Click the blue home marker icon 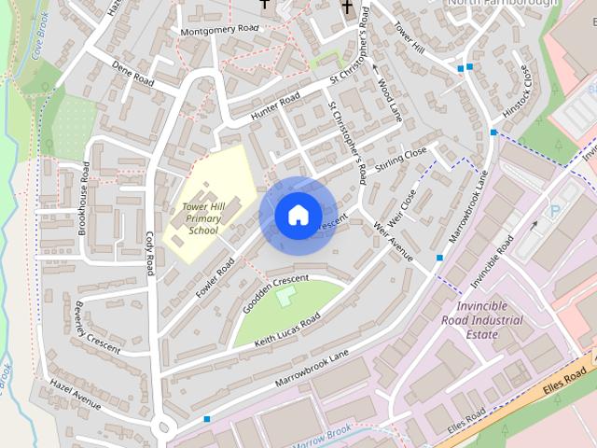(298, 215)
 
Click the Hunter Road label (275, 105)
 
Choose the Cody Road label (149, 252)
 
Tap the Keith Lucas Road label (287, 331)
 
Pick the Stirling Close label (401, 158)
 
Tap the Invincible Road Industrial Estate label (482, 320)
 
